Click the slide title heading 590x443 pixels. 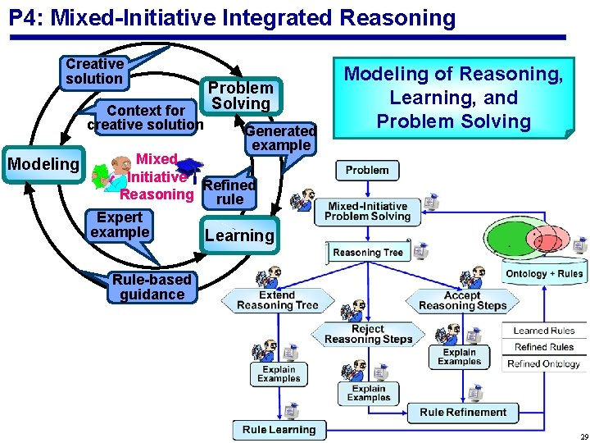click(x=232, y=17)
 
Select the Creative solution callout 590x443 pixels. click(x=94, y=71)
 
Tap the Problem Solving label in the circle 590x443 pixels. click(x=240, y=95)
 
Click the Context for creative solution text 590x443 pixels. click(x=146, y=117)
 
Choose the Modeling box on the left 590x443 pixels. click(x=43, y=164)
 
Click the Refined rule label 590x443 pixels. click(x=229, y=192)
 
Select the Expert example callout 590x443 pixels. click(x=120, y=225)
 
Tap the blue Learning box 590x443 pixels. click(x=239, y=235)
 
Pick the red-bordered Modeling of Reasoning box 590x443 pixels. click(x=453, y=98)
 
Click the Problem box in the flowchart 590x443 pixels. click(x=366, y=170)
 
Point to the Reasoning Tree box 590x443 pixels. click(x=368, y=252)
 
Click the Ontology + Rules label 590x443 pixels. click(x=543, y=274)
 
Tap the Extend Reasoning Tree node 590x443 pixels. click(x=277, y=300)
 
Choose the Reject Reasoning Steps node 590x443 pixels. click(x=368, y=334)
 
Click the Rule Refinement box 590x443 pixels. click(x=463, y=412)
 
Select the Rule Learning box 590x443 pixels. click(x=279, y=429)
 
